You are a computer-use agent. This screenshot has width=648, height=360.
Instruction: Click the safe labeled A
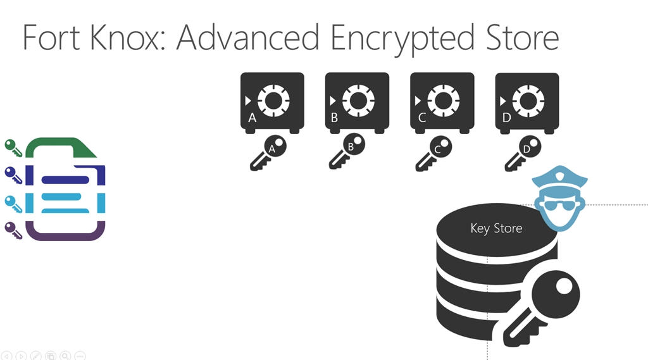click(x=272, y=102)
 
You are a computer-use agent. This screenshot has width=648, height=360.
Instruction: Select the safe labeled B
click(x=357, y=102)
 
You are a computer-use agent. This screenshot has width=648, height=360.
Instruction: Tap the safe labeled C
click(x=442, y=102)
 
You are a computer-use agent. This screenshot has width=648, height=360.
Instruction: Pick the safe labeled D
click(x=526, y=101)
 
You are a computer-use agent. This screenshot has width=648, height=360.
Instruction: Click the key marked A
click(x=268, y=152)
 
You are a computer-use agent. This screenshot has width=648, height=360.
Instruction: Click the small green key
click(x=13, y=147)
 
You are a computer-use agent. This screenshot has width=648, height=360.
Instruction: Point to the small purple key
click(x=13, y=230)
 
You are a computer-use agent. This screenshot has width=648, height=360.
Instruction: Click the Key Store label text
click(x=496, y=228)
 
